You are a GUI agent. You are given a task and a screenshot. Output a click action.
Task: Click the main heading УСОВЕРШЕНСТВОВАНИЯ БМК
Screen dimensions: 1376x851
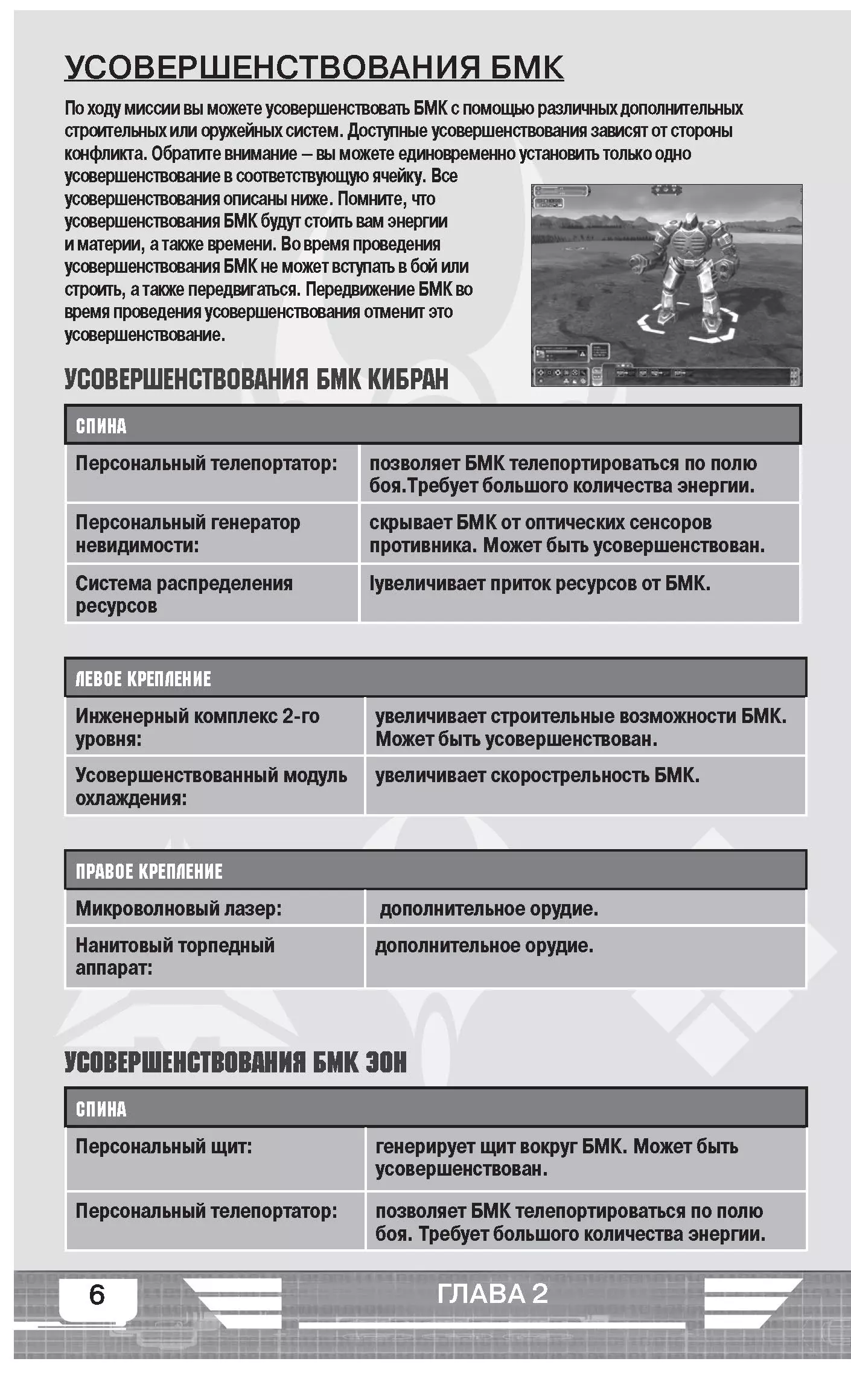pos(314,67)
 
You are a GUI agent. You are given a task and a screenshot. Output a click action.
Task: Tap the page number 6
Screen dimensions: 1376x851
pos(97,1295)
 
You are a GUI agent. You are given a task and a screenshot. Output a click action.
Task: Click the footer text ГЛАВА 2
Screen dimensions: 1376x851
pos(492,1293)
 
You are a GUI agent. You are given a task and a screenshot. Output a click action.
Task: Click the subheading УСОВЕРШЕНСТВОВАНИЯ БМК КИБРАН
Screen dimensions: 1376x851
pos(257,379)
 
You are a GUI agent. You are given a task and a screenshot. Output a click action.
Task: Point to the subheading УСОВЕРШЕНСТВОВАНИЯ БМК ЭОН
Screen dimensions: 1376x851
pos(235,1062)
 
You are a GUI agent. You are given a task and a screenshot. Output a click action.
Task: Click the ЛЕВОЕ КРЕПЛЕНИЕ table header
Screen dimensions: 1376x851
pos(143,679)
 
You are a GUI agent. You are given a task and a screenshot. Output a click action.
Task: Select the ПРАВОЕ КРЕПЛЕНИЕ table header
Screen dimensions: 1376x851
pos(148,871)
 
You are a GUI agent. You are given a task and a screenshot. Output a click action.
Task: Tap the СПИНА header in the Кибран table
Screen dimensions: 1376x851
pos(101,426)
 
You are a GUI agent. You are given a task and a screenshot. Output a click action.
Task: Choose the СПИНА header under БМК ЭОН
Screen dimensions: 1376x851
pos(101,1109)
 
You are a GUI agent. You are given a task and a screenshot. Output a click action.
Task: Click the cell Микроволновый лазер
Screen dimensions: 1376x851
pos(179,908)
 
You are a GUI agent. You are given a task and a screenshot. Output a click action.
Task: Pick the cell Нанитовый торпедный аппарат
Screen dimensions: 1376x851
pos(175,957)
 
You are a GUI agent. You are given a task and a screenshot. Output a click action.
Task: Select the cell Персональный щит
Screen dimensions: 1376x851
pos(164,1146)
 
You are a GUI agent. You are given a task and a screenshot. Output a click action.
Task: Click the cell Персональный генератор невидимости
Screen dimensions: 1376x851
pos(188,534)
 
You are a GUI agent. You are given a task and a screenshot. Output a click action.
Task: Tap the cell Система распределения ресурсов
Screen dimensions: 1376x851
pos(184,594)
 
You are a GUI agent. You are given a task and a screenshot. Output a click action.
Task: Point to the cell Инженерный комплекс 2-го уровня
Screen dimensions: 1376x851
pos(197,727)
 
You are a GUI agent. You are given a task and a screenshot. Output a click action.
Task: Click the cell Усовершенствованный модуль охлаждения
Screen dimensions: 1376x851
pos(211,786)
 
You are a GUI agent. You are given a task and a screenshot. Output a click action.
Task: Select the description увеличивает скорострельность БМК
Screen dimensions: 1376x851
pos(537,776)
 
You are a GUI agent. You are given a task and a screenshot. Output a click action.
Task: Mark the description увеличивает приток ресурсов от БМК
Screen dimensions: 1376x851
pos(540,584)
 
